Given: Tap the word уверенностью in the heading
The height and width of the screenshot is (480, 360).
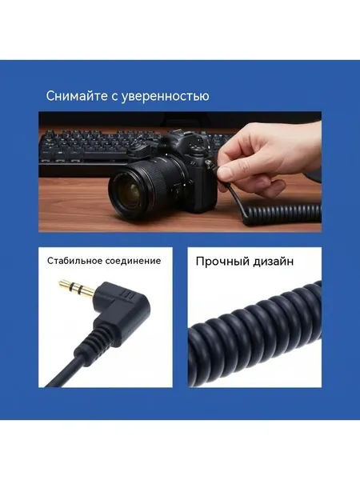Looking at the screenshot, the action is tap(166, 97).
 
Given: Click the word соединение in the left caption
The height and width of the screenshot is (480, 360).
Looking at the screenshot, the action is tap(133, 261).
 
